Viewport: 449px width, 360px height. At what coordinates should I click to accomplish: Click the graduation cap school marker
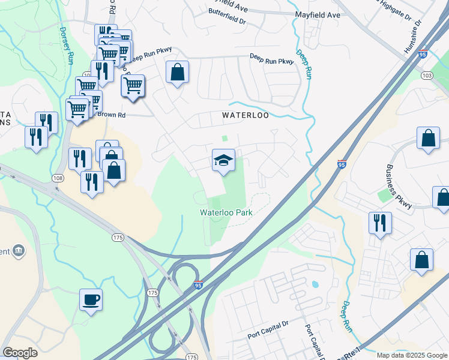click(x=223, y=161)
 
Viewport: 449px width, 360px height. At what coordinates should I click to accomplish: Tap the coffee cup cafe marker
click(x=91, y=299)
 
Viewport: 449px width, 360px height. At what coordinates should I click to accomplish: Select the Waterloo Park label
click(x=226, y=212)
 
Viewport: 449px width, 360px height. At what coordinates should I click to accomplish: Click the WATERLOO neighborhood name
click(x=245, y=114)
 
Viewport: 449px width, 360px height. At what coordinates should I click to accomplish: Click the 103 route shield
click(x=427, y=76)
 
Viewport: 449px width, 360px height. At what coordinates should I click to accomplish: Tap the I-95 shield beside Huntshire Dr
click(x=424, y=53)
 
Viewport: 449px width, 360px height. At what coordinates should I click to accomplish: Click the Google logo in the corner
click(x=20, y=352)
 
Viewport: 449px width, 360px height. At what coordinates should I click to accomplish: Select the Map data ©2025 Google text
click(x=412, y=355)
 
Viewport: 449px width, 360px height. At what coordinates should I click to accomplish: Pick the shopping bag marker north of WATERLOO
click(x=178, y=73)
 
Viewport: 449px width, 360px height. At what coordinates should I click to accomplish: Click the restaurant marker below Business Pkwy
click(x=380, y=223)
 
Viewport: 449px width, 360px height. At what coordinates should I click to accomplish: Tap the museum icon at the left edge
click(x=18, y=250)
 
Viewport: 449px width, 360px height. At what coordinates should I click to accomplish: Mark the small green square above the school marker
click(x=224, y=138)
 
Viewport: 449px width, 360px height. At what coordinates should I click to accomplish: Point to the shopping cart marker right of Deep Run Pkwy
click(x=133, y=86)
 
